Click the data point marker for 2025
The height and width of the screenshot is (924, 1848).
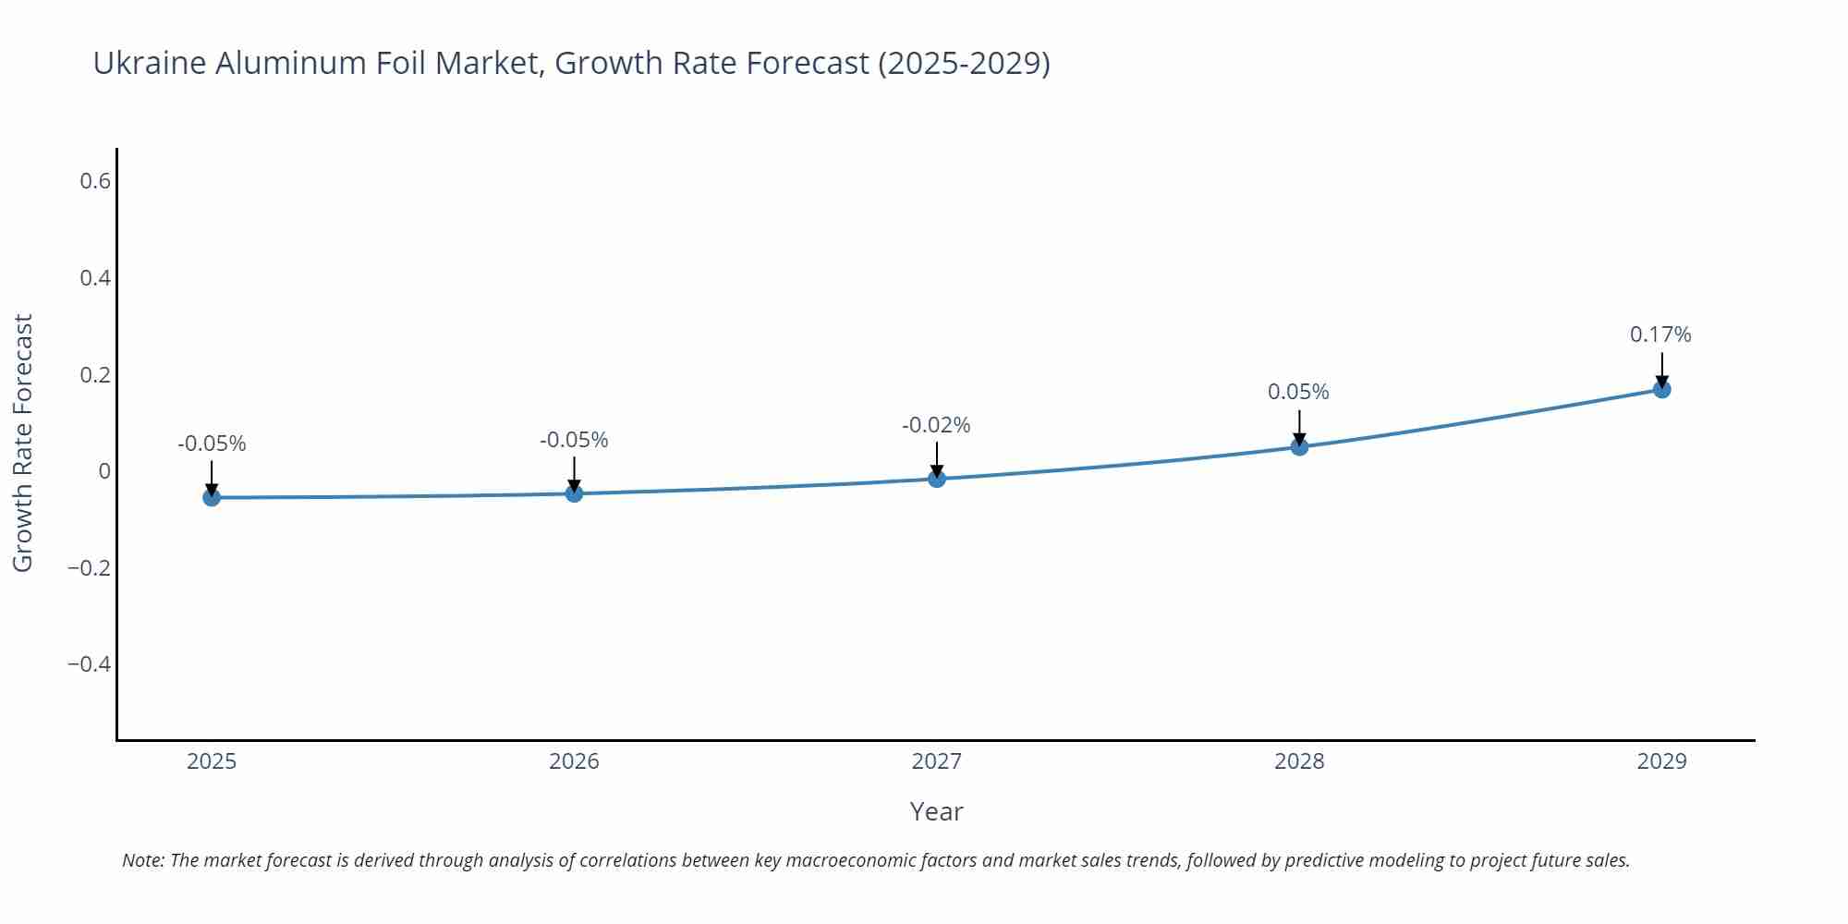coord(212,497)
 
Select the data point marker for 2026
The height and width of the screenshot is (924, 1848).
coord(574,493)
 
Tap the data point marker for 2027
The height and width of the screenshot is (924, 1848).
coord(937,478)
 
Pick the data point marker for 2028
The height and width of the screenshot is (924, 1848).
coord(1299,446)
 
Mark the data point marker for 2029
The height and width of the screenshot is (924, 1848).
coord(1661,389)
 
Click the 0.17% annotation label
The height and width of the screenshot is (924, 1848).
coord(1660,334)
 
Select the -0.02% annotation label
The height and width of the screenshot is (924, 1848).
coord(936,425)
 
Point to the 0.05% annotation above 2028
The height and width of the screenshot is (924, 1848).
coord(1298,392)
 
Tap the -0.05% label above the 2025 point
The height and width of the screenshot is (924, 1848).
coord(212,444)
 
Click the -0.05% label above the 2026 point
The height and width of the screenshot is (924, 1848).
coord(574,440)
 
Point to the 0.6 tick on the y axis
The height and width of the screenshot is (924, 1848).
coord(95,181)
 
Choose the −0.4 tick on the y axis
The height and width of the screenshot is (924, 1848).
coord(89,664)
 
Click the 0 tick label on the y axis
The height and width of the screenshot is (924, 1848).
coord(104,471)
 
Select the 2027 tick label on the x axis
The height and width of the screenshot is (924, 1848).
coord(936,761)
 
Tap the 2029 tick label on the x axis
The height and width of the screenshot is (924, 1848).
coord(1661,761)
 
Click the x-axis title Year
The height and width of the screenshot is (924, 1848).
coord(936,811)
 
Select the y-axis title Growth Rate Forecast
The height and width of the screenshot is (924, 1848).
coord(23,443)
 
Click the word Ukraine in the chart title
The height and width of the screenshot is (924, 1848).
coord(149,63)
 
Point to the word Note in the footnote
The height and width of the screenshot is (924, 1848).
coord(142,860)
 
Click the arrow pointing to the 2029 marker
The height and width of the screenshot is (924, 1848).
coord(1661,370)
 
